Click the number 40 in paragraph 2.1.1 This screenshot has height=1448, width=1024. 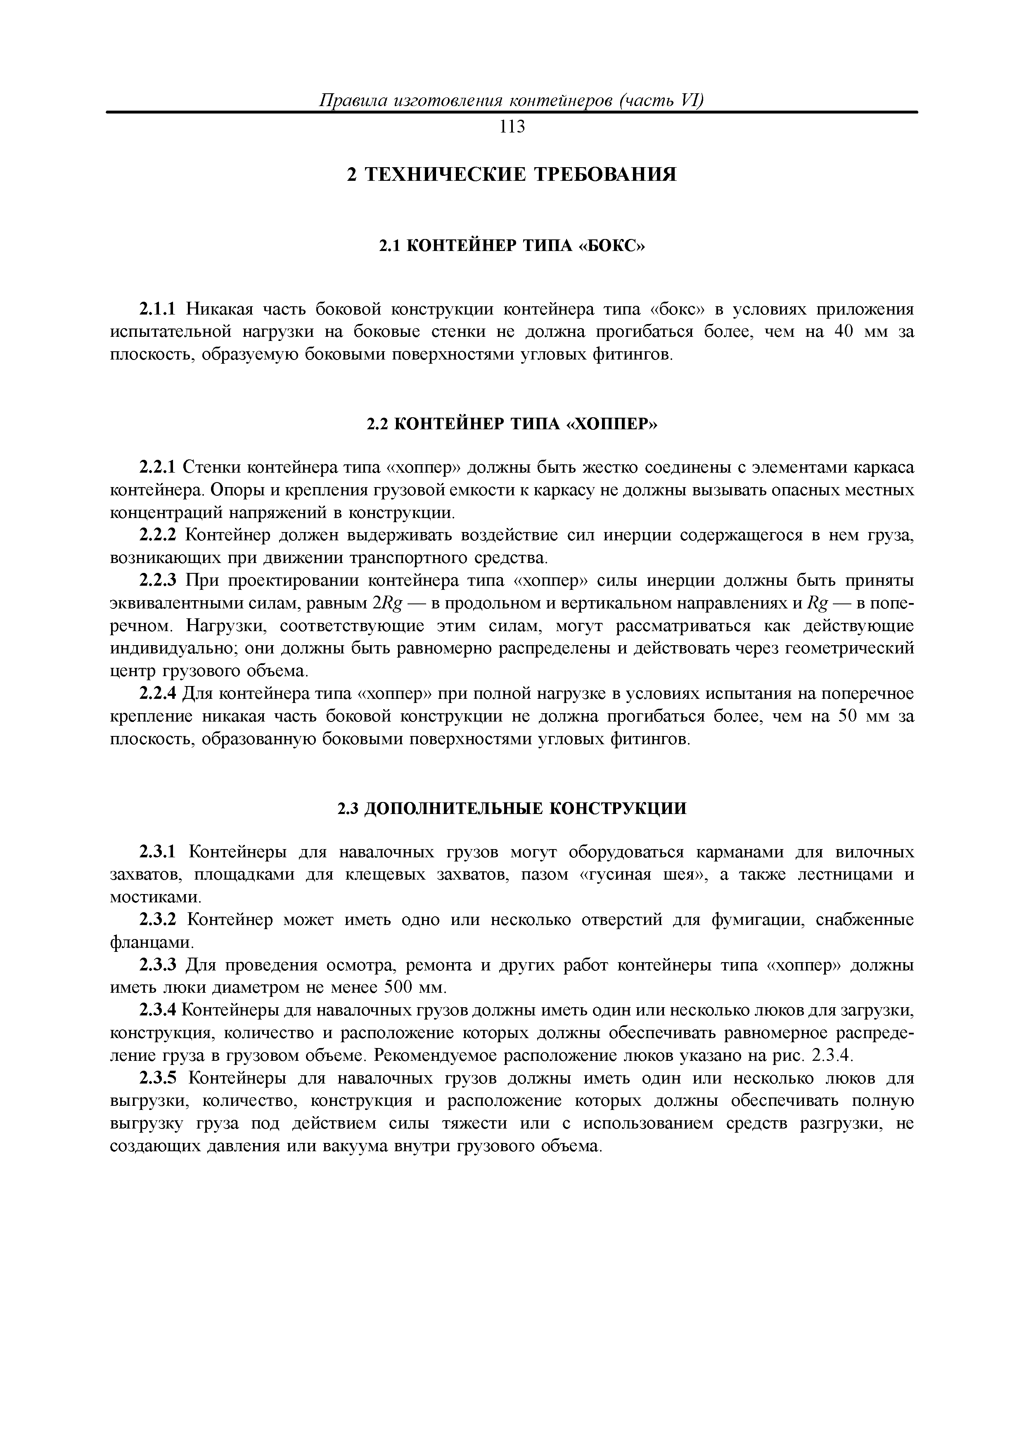tap(846, 332)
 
